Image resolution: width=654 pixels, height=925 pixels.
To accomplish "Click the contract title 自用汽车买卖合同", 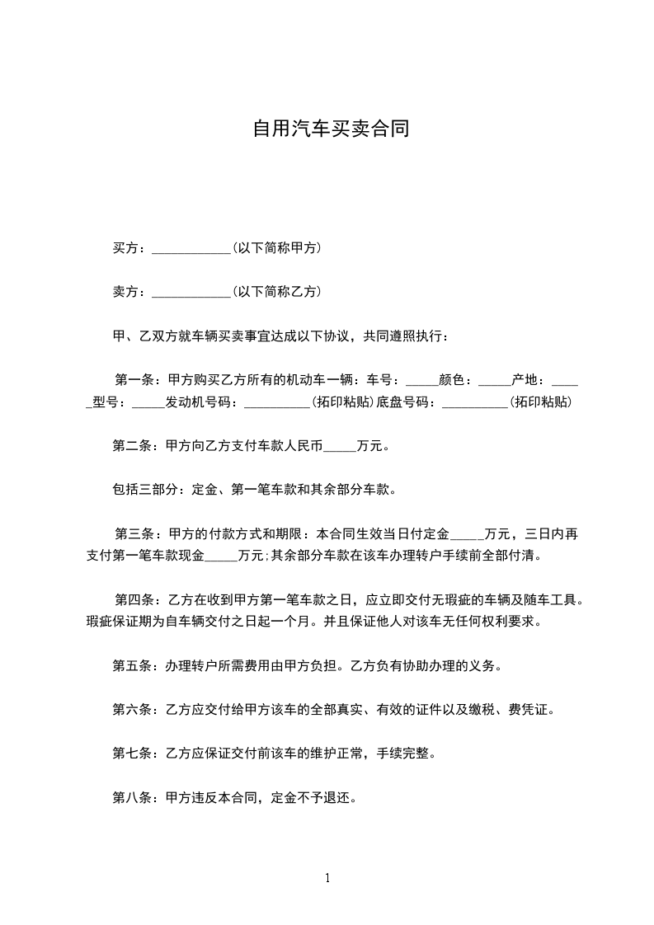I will [x=331, y=129].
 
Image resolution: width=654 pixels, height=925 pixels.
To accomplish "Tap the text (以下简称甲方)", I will [x=277, y=248].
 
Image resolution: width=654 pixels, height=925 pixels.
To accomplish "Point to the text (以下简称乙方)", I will [x=277, y=292].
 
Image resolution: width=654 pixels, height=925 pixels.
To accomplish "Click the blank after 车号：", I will [x=423, y=382].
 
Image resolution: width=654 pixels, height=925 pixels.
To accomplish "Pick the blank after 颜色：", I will [x=495, y=382].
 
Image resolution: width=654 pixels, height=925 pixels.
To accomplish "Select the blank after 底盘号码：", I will [x=475, y=404].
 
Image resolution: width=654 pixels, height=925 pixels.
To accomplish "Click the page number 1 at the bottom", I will [x=327, y=878].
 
